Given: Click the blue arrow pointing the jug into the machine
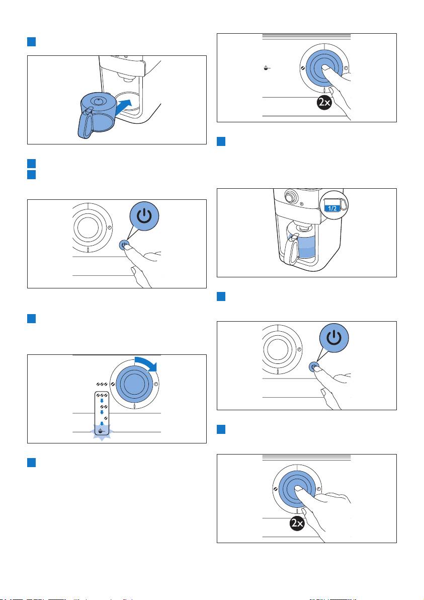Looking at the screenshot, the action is (x=125, y=106).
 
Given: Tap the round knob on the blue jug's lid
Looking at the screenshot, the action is (x=99, y=101).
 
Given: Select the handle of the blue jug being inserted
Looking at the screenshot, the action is (x=86, y=123).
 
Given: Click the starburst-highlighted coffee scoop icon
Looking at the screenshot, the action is (x=101, y=431).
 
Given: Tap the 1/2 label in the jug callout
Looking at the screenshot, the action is (x=332, y=208).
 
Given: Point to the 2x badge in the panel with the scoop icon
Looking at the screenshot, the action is (x=324, y=103).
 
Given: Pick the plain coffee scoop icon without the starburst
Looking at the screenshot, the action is (x=267, y=68).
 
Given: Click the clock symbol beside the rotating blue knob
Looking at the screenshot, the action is (x=155, y=384).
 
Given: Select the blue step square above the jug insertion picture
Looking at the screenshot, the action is (x=31, y=42).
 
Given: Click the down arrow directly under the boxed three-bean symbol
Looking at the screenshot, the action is (x=102, y=401).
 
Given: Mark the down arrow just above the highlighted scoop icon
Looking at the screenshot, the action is (x=102, y=424).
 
